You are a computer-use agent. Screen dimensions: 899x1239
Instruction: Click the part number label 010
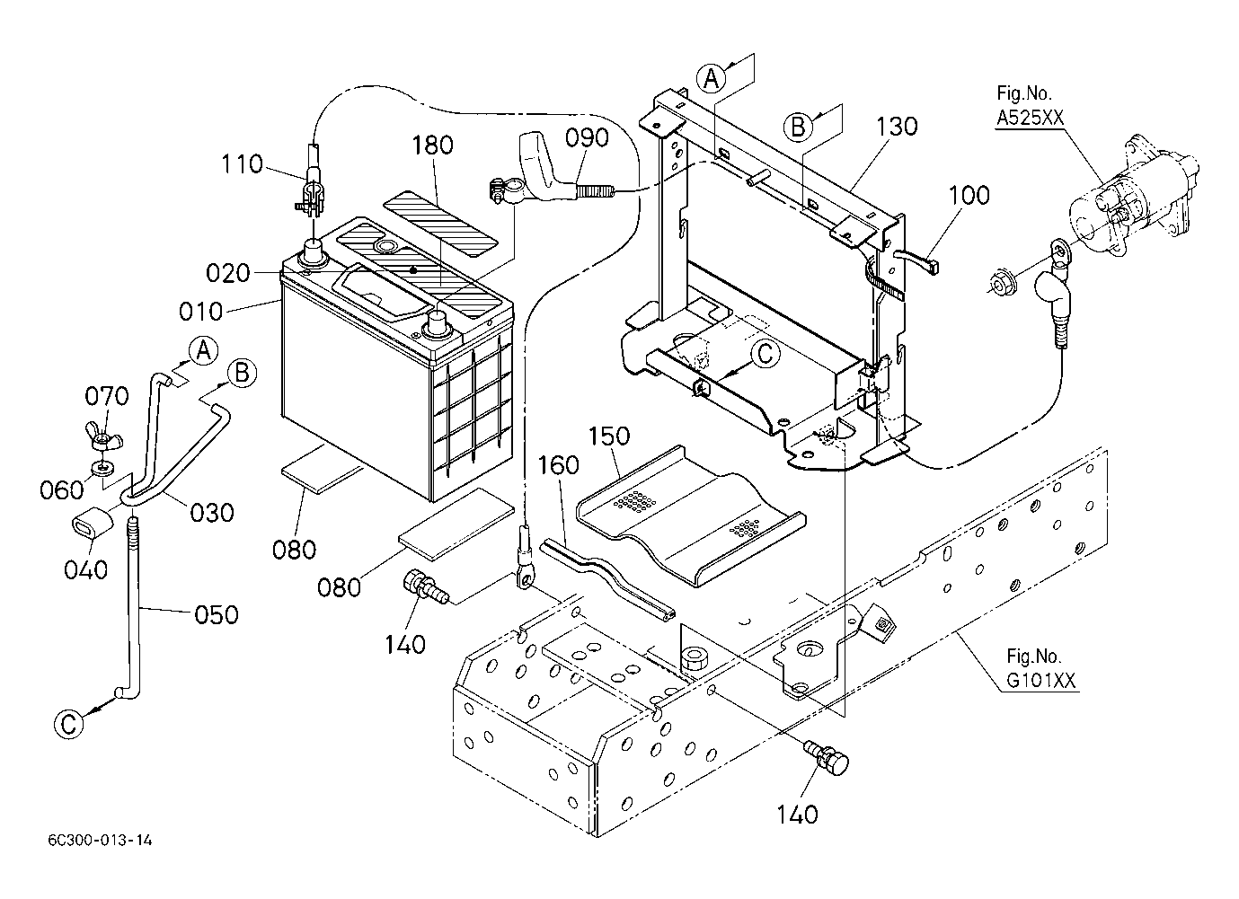pyautogui.click(x=200, y=311)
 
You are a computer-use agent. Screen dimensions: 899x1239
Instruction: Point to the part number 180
pyautogui.click(x=433, y=145)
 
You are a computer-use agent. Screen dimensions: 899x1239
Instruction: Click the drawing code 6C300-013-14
pyautogui.click(x=102, y=841)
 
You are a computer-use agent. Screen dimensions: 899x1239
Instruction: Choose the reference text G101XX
pyautogui.click(x=1040, y=681)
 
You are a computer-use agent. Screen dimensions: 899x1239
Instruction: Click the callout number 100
pyautogui.click(x=969, y=195)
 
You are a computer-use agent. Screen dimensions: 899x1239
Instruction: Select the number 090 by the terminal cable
pyautogui.click(x=587, y=137)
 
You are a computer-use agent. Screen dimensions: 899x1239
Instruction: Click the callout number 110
pyautogui.click(x=243, y=164)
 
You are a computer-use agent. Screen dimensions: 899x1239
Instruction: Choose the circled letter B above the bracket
pyautogui.click(x=797, y=126)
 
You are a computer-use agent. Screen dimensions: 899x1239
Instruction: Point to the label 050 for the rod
pyautogui.click(x=216, y=614)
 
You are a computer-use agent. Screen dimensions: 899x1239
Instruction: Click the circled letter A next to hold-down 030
pyautogui.click(x=204, y=351)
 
